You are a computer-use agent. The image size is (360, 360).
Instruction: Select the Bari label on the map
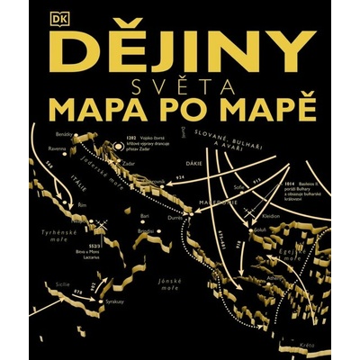[145, 216]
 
